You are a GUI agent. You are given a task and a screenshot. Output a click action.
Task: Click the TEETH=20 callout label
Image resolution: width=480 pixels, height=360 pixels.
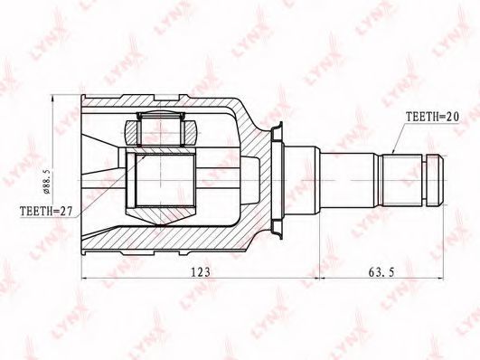coord(432,118)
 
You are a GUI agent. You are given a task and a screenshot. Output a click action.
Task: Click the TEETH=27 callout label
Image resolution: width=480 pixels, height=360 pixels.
coord(46,211)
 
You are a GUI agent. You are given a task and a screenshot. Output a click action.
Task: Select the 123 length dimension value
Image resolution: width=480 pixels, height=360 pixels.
coord(201,271)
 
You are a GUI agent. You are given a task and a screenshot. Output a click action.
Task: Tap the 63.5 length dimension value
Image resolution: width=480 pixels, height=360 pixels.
coord(381,271)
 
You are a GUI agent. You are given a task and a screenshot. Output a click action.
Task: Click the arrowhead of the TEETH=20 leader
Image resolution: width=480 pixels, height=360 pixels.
coord(392,151)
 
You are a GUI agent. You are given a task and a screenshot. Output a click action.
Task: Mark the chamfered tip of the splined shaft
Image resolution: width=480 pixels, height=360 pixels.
coord(436,179)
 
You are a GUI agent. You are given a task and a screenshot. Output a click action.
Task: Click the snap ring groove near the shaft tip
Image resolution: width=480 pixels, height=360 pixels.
coord(425,179)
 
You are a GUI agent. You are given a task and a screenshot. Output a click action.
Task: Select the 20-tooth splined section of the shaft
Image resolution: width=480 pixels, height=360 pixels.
coord(402,179)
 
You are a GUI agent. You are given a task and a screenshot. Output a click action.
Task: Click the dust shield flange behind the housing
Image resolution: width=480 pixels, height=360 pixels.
coord(276,180)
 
